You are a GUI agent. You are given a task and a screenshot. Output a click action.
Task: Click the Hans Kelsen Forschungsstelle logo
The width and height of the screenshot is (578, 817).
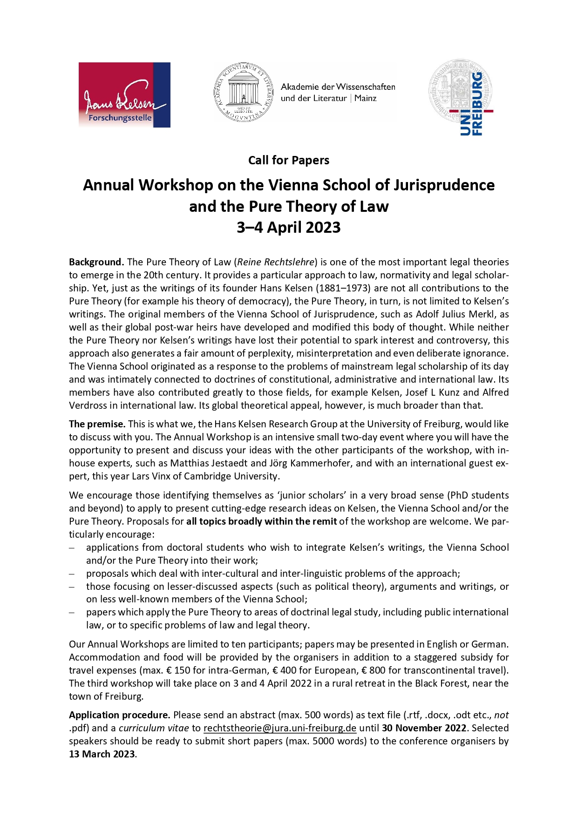pyautogui.click(x=124, y=95)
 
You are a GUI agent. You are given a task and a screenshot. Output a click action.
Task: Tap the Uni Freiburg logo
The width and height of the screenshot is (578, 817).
pyautogui.click(x=461, y=98)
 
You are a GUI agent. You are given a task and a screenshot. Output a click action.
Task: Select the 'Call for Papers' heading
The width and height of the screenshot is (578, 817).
pyautogui.click(x=289, y=161)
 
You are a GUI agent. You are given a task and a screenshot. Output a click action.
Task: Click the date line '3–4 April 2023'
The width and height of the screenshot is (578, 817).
pyautogui.click(x=289, y=228)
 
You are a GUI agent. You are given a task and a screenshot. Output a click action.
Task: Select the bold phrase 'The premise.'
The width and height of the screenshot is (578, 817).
pyautogui.click(x=97, y=424)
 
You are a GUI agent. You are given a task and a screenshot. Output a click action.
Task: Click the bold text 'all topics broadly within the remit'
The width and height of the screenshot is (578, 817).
pyautogui.click(x=261, y=521)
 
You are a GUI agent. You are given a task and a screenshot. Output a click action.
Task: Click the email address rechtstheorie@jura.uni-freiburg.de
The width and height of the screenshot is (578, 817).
pyautogui.click(x=280, y=728)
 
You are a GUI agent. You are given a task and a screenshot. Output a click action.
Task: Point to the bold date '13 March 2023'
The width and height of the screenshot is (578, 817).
pyautogui.click(x=102, y=754)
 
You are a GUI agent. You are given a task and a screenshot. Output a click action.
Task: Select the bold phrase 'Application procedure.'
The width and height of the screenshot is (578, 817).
pyautogui.click(x=120, y=715)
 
